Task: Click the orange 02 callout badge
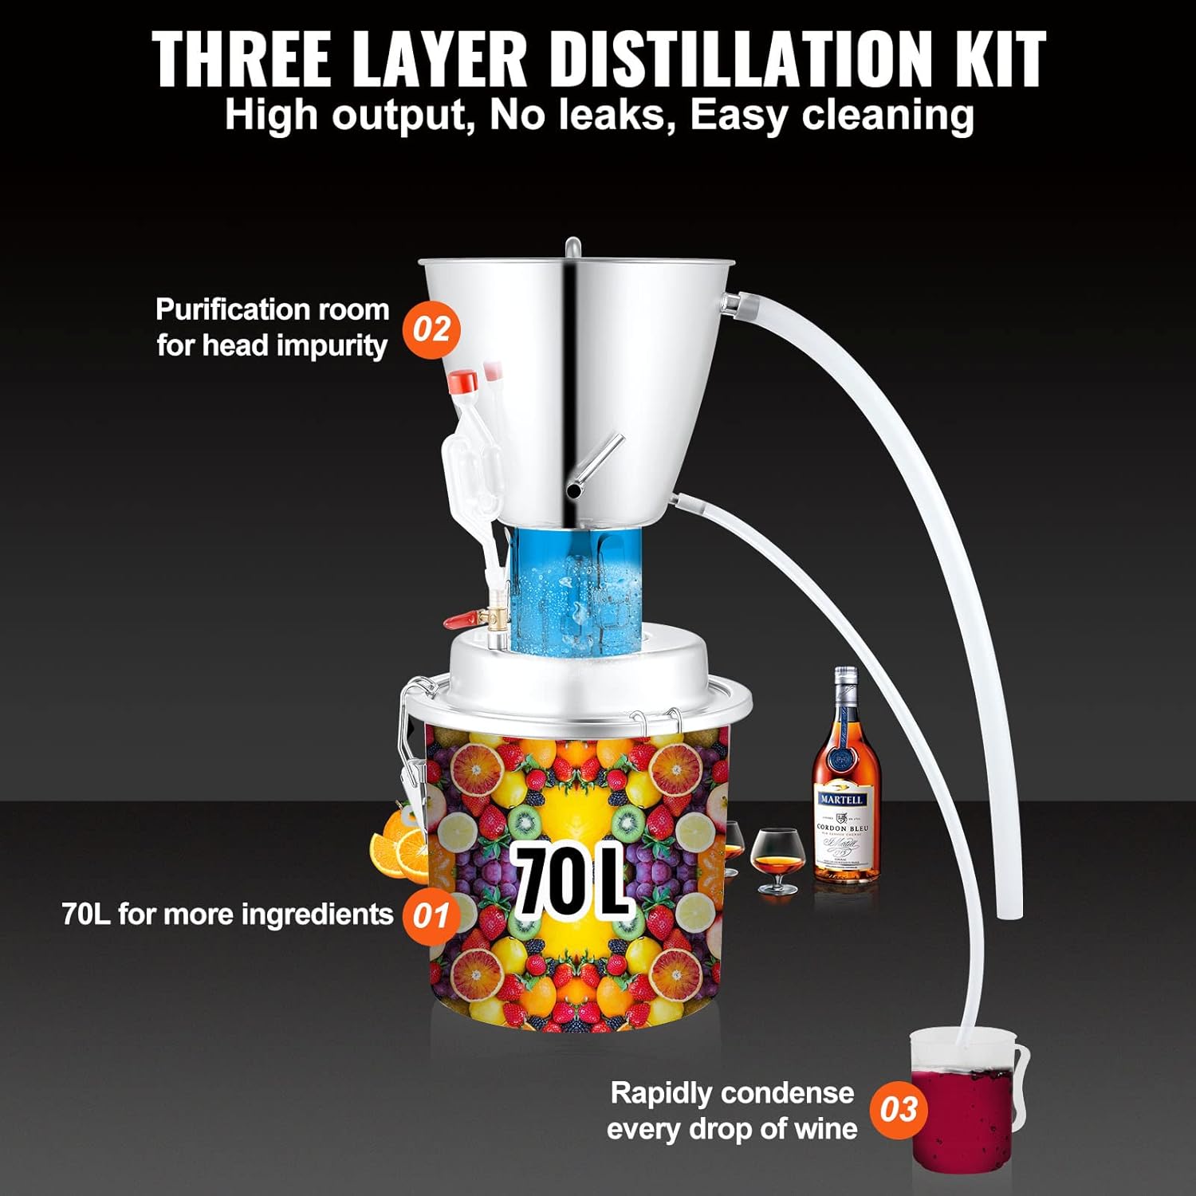coord(431,329)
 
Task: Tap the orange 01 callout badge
coord(431,915)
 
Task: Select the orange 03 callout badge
coord(899,1109)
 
